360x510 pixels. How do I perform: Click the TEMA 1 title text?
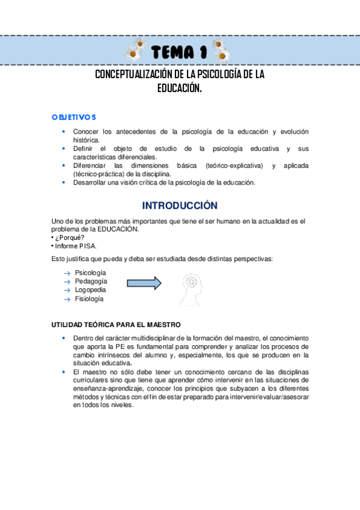click(180, 52)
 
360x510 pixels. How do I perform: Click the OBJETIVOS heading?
click(74, 117)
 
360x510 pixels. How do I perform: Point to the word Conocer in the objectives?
click(86, 131)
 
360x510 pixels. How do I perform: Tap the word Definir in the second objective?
click(85, 148)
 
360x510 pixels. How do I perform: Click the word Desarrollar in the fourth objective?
click(91, 183)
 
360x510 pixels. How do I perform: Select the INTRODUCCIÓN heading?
click(180, 206)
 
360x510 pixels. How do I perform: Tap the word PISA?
click(88, 245)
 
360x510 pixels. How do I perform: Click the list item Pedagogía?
click(91, 281)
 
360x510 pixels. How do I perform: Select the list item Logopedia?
click(91, 289)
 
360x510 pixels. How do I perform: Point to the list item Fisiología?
click(90, 298)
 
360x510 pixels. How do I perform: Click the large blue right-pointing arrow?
click(144, 283)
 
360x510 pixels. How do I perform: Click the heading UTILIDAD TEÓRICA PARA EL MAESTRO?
click(116, 325)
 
